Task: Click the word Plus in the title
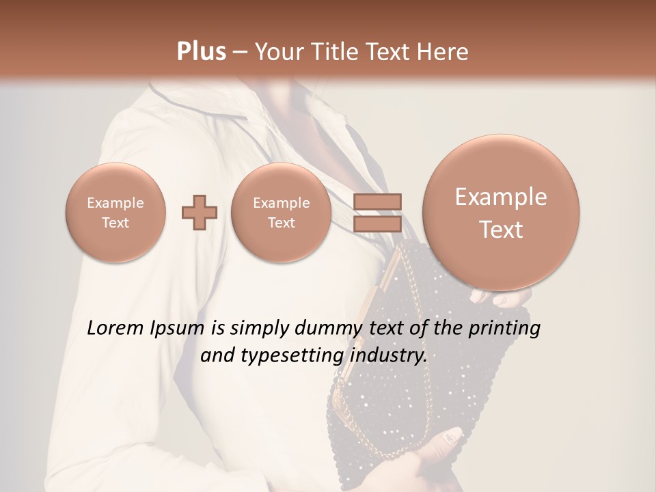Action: point(201,52)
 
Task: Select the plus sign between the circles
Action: point(200,212)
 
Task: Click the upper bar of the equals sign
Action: point(377,202)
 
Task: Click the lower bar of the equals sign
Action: point(377,224)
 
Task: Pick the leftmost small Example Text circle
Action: point(115,212)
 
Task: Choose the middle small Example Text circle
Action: point(281,212)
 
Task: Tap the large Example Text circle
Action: point(501,213)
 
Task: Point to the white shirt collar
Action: point(205,102)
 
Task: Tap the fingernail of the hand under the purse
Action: point(453,435)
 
